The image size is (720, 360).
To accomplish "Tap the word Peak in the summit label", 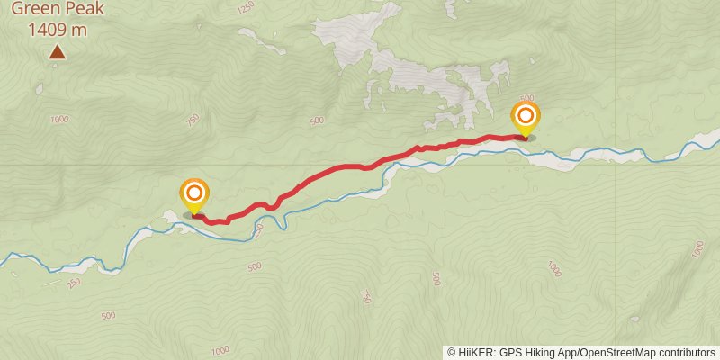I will click(83, 10).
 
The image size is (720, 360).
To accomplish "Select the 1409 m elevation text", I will click(58, 29).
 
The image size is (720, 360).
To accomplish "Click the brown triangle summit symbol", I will click(57, 53).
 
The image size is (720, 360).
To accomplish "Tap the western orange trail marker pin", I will click(194, 194).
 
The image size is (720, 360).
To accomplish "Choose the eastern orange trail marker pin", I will click(526, 117).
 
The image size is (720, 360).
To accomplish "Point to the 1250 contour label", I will click(247, 8).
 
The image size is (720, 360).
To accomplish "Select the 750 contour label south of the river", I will click(365, 297).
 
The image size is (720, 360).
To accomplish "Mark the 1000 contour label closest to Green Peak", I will click(59, 120).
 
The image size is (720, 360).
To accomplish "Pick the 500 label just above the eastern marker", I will click(527, 98).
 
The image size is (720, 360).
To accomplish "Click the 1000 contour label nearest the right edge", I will click(699, 250).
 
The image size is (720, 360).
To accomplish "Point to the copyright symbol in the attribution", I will click(452, 352).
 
